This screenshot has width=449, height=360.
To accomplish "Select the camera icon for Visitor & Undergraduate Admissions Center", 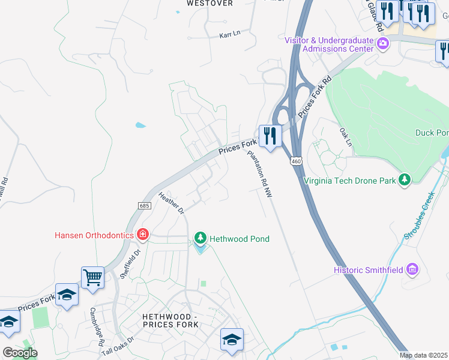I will pyautogui.click(x=382, y=43).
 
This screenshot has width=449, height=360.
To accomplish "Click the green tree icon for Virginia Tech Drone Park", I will pyautogui.click(x=405, y=179).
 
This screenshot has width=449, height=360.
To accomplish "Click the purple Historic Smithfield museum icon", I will pyautogui.click(x=412, y=270).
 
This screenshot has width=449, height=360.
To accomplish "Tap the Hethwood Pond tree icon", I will pyautogui.click(x=200, y=239).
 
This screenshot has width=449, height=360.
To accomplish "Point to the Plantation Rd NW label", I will pyautogui.click(x=261, y=175).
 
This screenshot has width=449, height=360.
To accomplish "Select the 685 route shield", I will pyautogui.click(x=144, y=206).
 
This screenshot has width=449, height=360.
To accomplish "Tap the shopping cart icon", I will pyautogui.click(x=92, y=278).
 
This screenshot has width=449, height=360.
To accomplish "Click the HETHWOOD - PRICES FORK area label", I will pyautogui.click(x=170, y=320).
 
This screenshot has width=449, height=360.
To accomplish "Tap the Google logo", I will pyautogui.click(x=20, y=353).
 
